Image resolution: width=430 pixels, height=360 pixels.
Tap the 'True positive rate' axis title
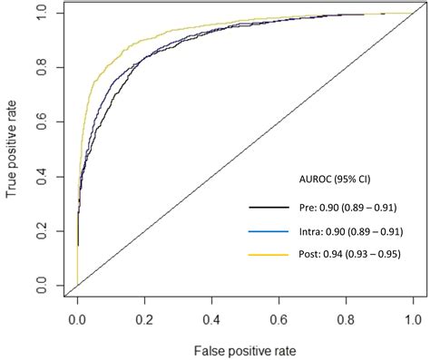[x=13, y=149]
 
